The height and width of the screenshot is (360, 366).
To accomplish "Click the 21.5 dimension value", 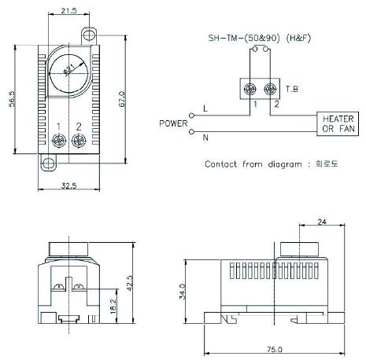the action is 68,10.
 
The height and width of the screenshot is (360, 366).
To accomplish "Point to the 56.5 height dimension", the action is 12,99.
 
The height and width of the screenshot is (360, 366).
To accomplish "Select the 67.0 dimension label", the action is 122,99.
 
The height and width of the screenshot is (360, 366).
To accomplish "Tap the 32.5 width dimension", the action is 68,186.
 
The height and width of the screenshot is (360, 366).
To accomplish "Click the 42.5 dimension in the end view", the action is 130,283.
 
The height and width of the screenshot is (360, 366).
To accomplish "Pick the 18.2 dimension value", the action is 113,307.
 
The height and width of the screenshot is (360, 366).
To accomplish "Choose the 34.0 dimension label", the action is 183,292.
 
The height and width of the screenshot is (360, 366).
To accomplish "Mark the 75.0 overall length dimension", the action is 275,349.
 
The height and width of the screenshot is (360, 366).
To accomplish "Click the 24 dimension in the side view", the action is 322,222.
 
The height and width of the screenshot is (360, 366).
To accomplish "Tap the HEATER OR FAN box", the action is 338,123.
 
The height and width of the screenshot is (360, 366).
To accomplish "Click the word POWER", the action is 173,123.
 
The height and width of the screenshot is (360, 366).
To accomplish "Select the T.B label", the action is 292,89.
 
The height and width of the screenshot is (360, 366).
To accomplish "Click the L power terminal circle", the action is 192,116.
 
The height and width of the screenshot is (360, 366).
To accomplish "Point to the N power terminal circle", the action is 192,132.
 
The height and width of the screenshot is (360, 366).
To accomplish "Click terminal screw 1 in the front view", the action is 59,141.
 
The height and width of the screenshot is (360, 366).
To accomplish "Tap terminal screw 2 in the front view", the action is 79,141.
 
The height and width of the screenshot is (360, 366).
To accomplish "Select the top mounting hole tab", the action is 89,35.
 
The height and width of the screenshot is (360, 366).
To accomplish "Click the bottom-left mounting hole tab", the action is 49,163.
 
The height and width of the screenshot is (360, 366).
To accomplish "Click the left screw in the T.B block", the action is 250,90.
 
